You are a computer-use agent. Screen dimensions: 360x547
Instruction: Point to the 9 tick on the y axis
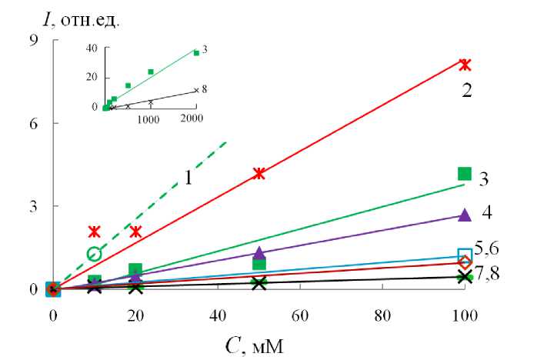(x=33, y=40)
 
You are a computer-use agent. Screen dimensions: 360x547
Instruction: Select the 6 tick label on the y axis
(x=33, y=123)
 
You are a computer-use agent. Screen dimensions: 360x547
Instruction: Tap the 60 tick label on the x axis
(x=299, y=315)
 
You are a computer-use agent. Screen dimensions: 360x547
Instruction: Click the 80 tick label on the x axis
(x=382, y=315)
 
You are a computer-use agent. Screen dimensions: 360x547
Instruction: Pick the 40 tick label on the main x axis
(x=217, y=315)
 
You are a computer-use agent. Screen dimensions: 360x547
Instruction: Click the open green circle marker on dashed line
(x=94, y=254)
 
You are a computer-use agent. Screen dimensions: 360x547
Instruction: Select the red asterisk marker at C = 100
(x=464, y=65)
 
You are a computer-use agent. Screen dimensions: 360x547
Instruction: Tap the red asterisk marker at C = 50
(x=258, y=174)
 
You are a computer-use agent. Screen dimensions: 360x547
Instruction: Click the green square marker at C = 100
(x=464, y=174)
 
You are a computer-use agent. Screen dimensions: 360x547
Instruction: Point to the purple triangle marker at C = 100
(x=464, y=215)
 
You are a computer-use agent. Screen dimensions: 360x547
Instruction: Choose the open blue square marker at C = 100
(x=464, y=255)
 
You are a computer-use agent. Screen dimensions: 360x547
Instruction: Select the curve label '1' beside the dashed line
(x=187, y=178)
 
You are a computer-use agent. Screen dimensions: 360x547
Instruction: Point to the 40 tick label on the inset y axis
(x=91, y=48)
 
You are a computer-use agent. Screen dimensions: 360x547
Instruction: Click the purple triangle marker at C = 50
(x=258, y=252)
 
